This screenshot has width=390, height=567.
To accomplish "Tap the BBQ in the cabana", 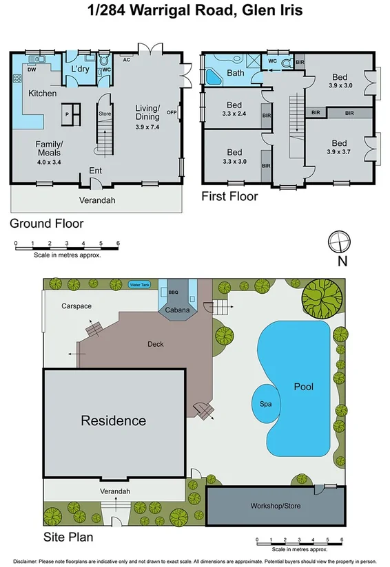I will click(x=172, y=292).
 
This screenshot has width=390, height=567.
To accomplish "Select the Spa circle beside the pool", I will click(x=265, y=404).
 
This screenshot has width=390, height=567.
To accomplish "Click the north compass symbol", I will click(x=339, y=243).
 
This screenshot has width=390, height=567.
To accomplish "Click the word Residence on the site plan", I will click(x=114, y=420).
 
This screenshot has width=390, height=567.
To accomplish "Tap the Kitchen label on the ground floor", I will click(x=42, y=93).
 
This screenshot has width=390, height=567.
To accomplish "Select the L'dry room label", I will click(x=81, y=69).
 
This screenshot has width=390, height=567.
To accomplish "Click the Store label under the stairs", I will click(x=104, y=114).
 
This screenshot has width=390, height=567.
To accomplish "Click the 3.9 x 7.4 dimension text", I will click(x=147, y=127).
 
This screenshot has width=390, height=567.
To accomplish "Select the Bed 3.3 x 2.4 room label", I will click(x=234, y=110).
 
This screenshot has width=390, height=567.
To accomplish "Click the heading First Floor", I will click(x=229, y=197).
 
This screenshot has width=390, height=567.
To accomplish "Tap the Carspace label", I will click(x=76, y=306).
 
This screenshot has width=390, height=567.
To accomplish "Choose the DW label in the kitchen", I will click(x=32, y=69).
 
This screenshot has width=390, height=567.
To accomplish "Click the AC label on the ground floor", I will click(x=126, y=60).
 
